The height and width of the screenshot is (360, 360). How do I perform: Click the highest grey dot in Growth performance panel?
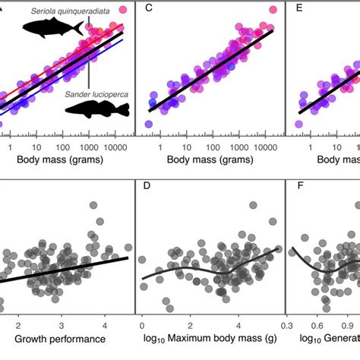click(x=93, y=206)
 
